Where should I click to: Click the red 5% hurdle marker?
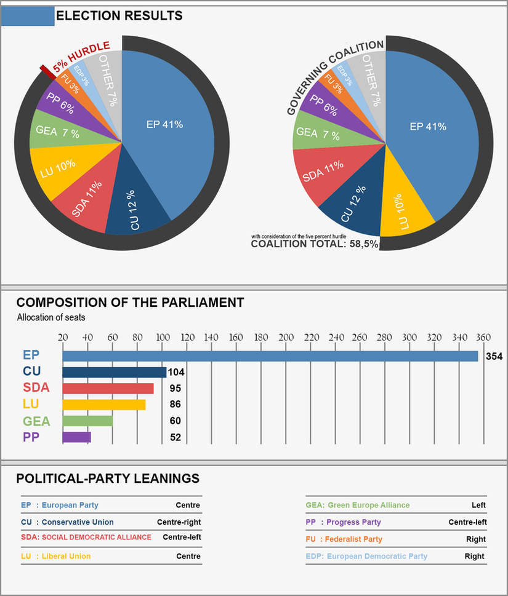point(46,72)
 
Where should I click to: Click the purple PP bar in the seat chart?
point(76,437)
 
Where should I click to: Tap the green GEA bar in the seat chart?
point(87,421)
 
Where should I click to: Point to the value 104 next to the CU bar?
point(177,372)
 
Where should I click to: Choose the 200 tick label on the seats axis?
point(286,337)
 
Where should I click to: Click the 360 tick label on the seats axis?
point(483,337)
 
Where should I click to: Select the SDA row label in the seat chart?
point(36,388)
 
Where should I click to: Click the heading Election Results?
point(119,16)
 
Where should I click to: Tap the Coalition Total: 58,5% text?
point(315,244)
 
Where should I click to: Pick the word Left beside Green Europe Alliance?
point(478,505)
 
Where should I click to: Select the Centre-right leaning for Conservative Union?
point(179,522)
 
